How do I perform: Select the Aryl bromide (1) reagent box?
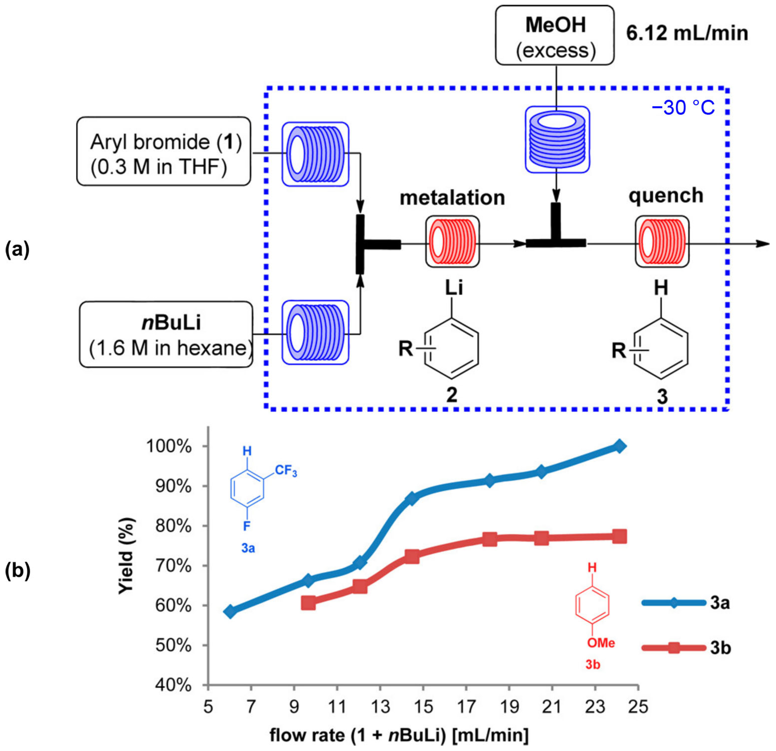click(163, 151)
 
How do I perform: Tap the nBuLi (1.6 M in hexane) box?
click(166, 335)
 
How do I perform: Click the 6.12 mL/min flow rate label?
click(687, 33)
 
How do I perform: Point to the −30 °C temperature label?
click(683, 108)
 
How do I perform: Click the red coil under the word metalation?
click(452, 241)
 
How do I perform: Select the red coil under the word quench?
click(662, 241)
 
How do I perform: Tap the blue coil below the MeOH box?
click(557, 139)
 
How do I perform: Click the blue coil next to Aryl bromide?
click(316, 154)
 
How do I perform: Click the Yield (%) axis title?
click(127, 556)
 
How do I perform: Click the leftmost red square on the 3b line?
click(308, 603)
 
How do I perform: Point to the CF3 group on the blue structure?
click(286, 471)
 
